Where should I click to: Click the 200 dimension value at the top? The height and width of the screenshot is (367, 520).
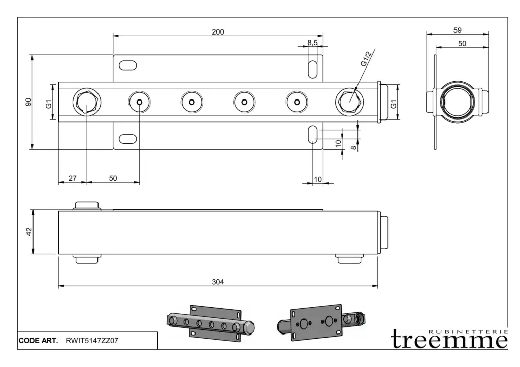coord(218,31)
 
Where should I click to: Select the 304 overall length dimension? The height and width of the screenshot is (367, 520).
coord(218,282)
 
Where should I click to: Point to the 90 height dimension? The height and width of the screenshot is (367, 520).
coord(29,102)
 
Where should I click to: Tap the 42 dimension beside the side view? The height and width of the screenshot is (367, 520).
coord(29,231)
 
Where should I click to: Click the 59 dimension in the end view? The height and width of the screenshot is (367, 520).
coord(457,30)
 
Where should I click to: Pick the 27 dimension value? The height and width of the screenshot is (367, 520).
coord(72,178)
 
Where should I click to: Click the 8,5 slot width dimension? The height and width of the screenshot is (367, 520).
coord(312,43)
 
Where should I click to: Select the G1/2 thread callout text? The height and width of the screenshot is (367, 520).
coord(367,59)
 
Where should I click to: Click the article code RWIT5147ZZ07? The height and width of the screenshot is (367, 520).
coord(92,341)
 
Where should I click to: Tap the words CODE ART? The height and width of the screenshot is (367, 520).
coord(38,341)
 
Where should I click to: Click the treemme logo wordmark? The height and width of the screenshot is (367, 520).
coord(449,339)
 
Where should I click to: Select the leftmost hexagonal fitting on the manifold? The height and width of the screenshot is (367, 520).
coord(87,102)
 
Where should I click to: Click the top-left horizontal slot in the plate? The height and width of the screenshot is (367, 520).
coord(127,65)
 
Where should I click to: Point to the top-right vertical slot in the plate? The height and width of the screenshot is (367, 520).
coord(312,69)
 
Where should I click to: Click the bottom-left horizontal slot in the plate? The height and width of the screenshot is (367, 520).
coord(127,138)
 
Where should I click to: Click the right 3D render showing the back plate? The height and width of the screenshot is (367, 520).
coord(321,322)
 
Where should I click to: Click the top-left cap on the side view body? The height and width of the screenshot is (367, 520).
coord(87,206)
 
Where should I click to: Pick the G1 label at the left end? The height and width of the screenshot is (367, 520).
coord(49,105)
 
